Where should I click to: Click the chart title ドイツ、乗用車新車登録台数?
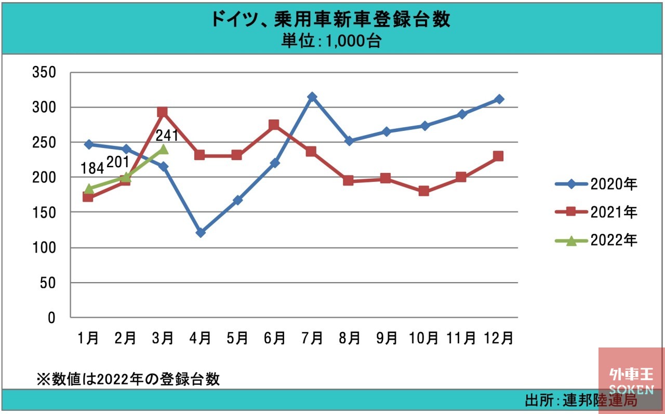pyautogui.click(x=330, y=20)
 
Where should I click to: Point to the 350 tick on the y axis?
pyautogui.click(x=44, y=72)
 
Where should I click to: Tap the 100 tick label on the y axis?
pyautogui.click(x=44, y=248)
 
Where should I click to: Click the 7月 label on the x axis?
pyautogui.click(x=312, y=338)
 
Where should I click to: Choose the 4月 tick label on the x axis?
pyautogui.click(x=201, y=338)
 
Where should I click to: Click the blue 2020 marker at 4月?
pyautogui.click(x=201, y=233)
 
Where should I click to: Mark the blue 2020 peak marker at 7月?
pyautogui.click(x=312, y=97)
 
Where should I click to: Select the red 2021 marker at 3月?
pyautogui.click(x=163, y=112)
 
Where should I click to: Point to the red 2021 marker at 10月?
pyautogui.click(x=423, y=191)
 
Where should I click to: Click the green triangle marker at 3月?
pyautogui.click(x=163, y=149)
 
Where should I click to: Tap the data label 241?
pyautogui.click(x=167, y=136)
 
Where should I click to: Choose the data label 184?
pyautogui.click(x=92, y=169)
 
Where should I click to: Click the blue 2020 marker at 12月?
pyautogui.click(x=498, y=99)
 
